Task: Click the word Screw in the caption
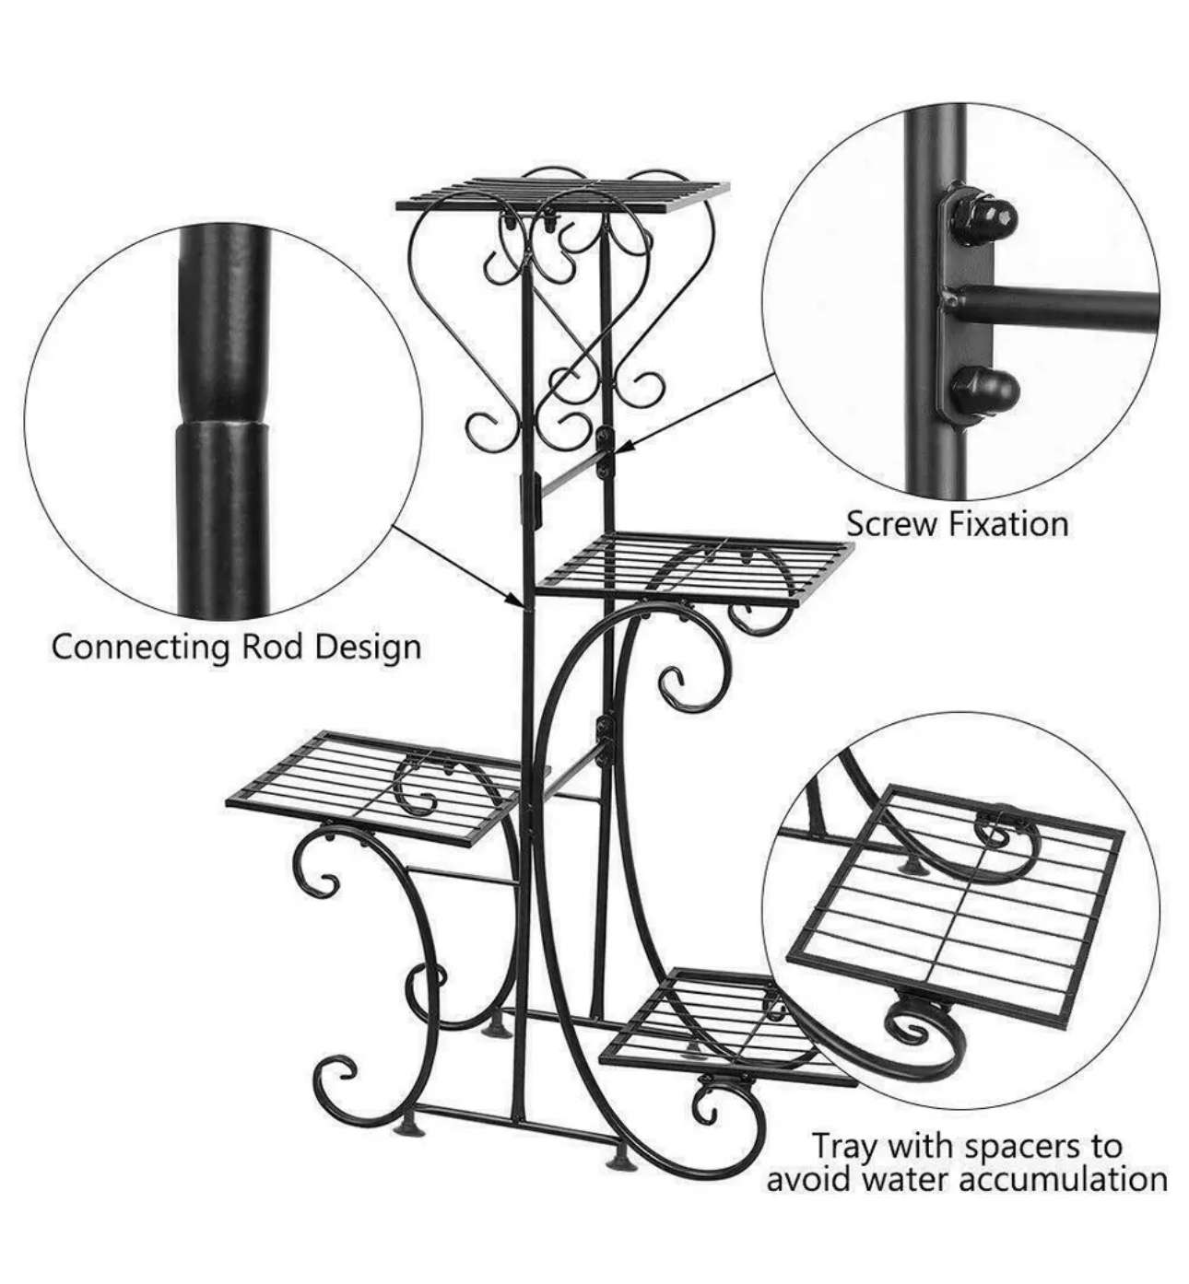(889, 524)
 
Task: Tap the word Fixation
(1005, 524)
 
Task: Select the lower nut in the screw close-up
(986, 392)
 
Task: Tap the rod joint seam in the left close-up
(220, 422)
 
